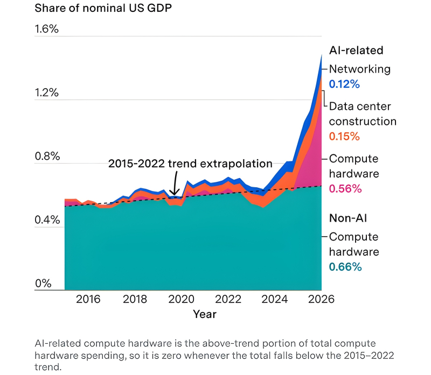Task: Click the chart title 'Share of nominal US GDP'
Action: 103,8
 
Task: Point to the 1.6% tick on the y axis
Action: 47,29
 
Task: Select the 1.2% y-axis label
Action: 47,93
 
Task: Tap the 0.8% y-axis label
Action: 47,156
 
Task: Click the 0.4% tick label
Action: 47,220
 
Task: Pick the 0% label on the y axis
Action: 43,284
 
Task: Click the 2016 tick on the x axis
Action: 88,299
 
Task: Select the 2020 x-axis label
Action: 182,299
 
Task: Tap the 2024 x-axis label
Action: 275,299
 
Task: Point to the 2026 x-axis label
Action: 321,299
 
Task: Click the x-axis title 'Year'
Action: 205,314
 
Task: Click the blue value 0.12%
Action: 344,84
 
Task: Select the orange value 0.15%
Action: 344,137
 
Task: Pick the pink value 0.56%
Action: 345,189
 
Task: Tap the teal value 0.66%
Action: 345,267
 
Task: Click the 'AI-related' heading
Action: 356,50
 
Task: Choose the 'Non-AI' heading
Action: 348,218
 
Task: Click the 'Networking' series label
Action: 360,69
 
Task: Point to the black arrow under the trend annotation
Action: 175,183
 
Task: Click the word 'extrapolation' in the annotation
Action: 236,164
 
